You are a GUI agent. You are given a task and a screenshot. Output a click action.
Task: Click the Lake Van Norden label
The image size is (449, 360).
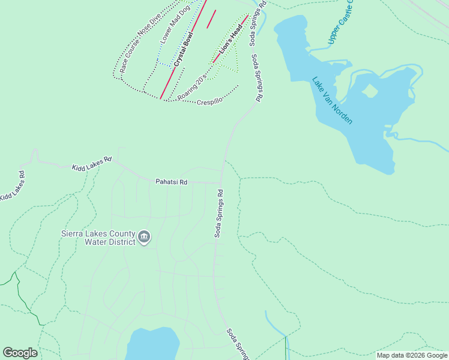(x=332, y=101)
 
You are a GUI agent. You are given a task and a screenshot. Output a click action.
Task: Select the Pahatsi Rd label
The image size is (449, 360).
(x=171, y=181)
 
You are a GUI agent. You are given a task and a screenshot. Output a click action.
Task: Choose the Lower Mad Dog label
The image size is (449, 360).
(x=175, y=23)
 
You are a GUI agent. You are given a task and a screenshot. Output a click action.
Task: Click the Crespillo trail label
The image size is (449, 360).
(x=209, y=102)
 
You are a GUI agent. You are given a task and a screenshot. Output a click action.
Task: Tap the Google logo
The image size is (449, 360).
(x=20, y=353)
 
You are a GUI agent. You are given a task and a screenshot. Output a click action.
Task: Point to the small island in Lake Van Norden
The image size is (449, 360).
(x=370, y=91)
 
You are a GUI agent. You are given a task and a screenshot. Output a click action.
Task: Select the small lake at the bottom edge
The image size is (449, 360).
(x=153, y=344)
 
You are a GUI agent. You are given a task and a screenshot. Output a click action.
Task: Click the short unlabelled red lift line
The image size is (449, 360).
(x=211, y=19)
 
